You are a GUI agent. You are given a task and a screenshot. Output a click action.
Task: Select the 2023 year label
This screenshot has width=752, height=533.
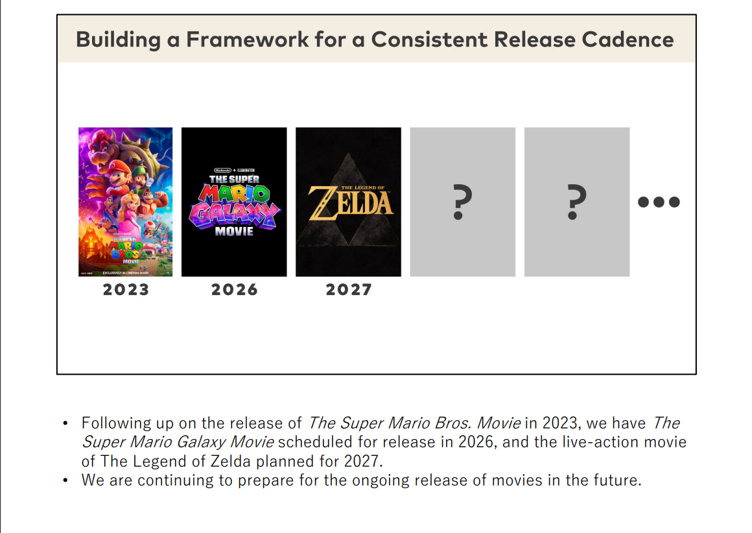pos(126,290)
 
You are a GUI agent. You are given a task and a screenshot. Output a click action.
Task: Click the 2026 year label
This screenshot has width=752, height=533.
pos(234,290)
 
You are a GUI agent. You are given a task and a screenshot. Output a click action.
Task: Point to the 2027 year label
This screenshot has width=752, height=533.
pos(348,290)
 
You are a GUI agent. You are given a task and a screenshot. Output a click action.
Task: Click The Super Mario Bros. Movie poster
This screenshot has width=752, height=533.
pos(126,202)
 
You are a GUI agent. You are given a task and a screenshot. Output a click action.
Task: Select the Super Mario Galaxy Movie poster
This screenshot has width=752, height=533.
pos(234,202)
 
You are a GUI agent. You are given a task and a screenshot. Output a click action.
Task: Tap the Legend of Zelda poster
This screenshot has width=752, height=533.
pos(348,202)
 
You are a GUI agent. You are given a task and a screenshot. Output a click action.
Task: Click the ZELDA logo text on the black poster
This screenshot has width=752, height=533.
pos(351,202)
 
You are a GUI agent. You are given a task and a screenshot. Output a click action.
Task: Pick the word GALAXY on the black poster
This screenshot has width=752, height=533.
pos(234,213)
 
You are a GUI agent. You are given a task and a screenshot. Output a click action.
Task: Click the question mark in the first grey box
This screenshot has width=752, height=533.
pos(459,202)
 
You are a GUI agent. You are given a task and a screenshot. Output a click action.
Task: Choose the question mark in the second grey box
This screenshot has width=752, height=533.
pos(573,202)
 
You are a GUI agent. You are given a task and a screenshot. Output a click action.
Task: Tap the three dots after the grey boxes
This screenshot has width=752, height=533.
pos(659,202)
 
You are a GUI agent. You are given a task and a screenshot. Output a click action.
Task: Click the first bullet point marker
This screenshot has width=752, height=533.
pos(65,424)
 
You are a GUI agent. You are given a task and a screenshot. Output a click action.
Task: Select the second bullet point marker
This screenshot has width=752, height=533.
pos(65,481)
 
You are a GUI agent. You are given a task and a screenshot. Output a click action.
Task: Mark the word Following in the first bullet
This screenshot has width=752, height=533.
pos(116,424)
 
